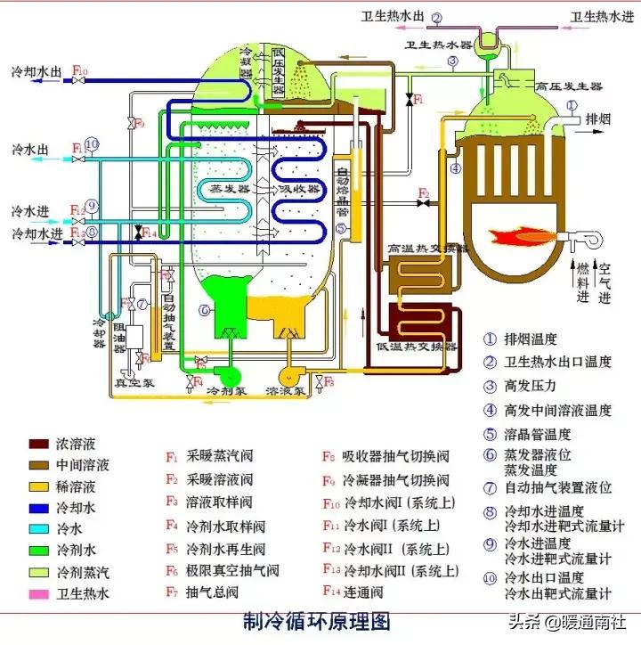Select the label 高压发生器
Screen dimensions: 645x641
pos(570,86)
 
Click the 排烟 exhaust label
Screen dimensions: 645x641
pos(597,119)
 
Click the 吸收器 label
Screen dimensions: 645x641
pos(298,189)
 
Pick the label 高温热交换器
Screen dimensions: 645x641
pos(428,249)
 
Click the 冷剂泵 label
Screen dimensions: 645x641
pos(225,390)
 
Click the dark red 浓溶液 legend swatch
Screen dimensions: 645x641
pos(38,444)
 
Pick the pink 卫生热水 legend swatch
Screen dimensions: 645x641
pos(38,592)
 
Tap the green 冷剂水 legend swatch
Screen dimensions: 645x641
pos(38,550)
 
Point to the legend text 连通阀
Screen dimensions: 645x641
pos(364,592)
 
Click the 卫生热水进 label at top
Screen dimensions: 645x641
pos(599,16)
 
